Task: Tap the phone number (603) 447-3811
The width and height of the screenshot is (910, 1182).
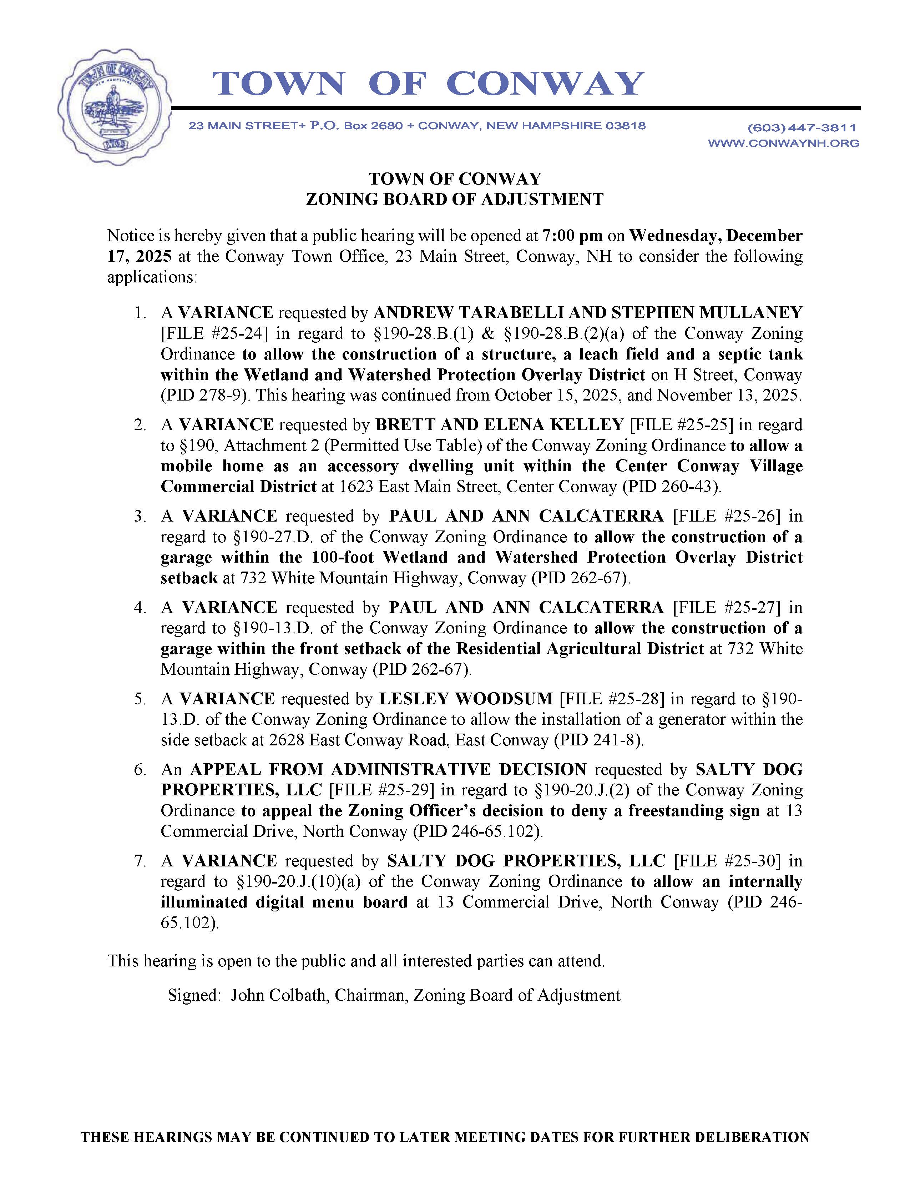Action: (x=802, y=128)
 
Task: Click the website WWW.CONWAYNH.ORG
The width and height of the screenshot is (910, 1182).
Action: (x=783, y=143)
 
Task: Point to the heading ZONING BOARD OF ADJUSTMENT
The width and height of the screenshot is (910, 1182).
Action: (x=454, y=200)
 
